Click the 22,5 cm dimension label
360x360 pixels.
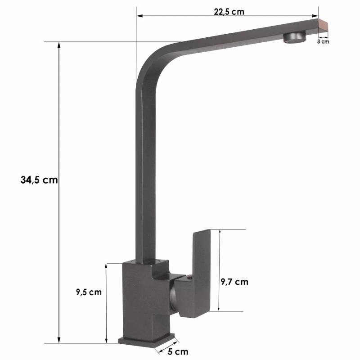(x=229, y=12)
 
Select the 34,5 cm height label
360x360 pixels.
(x=39, y=180)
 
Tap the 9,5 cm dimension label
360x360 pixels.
(x=89, y=292)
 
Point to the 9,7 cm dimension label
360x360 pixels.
(x=234, y=282)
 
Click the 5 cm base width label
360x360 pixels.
(x=178, y=351)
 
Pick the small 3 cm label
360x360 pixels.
(x=323, y=41)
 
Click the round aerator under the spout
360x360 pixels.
(x=295, y=37)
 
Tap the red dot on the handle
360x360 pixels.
(x=189, y=278)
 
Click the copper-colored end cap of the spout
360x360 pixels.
(x=323, y=27)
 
